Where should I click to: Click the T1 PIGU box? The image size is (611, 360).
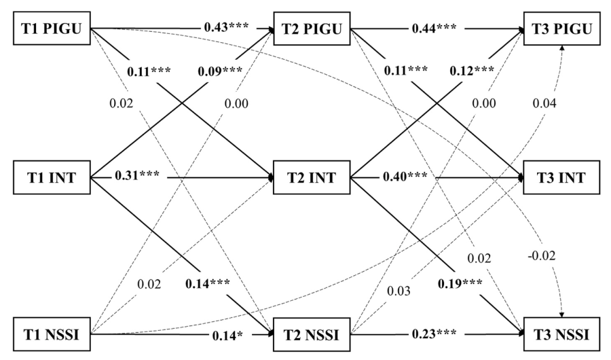pos(53,28)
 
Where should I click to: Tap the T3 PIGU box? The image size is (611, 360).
pos(561,28)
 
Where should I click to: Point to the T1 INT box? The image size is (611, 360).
pos(53,179)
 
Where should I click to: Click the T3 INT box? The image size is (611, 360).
pos(561,179)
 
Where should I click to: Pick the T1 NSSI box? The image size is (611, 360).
pos(53,334)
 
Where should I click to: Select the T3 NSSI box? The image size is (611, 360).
pos(561,334)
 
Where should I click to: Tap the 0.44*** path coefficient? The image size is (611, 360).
pos(434,29)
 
